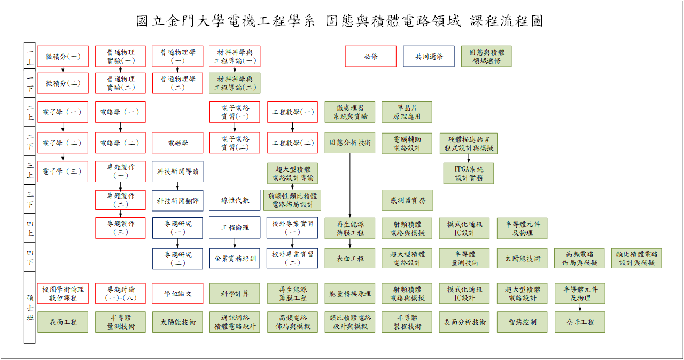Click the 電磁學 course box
pyautogui.click(x=177, y=143)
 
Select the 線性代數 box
pyautogui.click(x=235, y=200)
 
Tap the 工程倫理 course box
pyautogui.click(x=235, y=228)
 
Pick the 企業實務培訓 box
pyautogui.click(x=235, y=259)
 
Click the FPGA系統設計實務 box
pyautogui.click(x=469, y=174)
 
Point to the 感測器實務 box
pyautogui.click(x=408, y=200)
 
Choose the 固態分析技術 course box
pyautogui.click(x=350, y=143)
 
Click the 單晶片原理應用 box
pyautogui.click(x=408, y=112)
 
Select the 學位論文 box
pyautogui.click(x=177, y=293)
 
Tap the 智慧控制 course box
pyautogui.click(x=522, y=322)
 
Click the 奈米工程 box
pyautogui.click(x=580, y=322)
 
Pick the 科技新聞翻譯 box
pyautogui.click(x=177, y=200)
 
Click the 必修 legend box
pyautogui.click(x=371, y=57)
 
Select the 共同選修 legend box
pyautogui.click(x=429, y=57)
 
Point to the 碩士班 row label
pyautogui.click(x=30, y=307)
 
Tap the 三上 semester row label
pyautogui.click(x=30, y=170)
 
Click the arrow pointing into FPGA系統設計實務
pyautogui.click(x=469, y=159)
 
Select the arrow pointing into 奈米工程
pyautogui.click(x=580, y=308)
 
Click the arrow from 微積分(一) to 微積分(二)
pyautogui.click(x=63, y=69)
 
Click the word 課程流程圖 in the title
pyautogui.click(x=507, y=21)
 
